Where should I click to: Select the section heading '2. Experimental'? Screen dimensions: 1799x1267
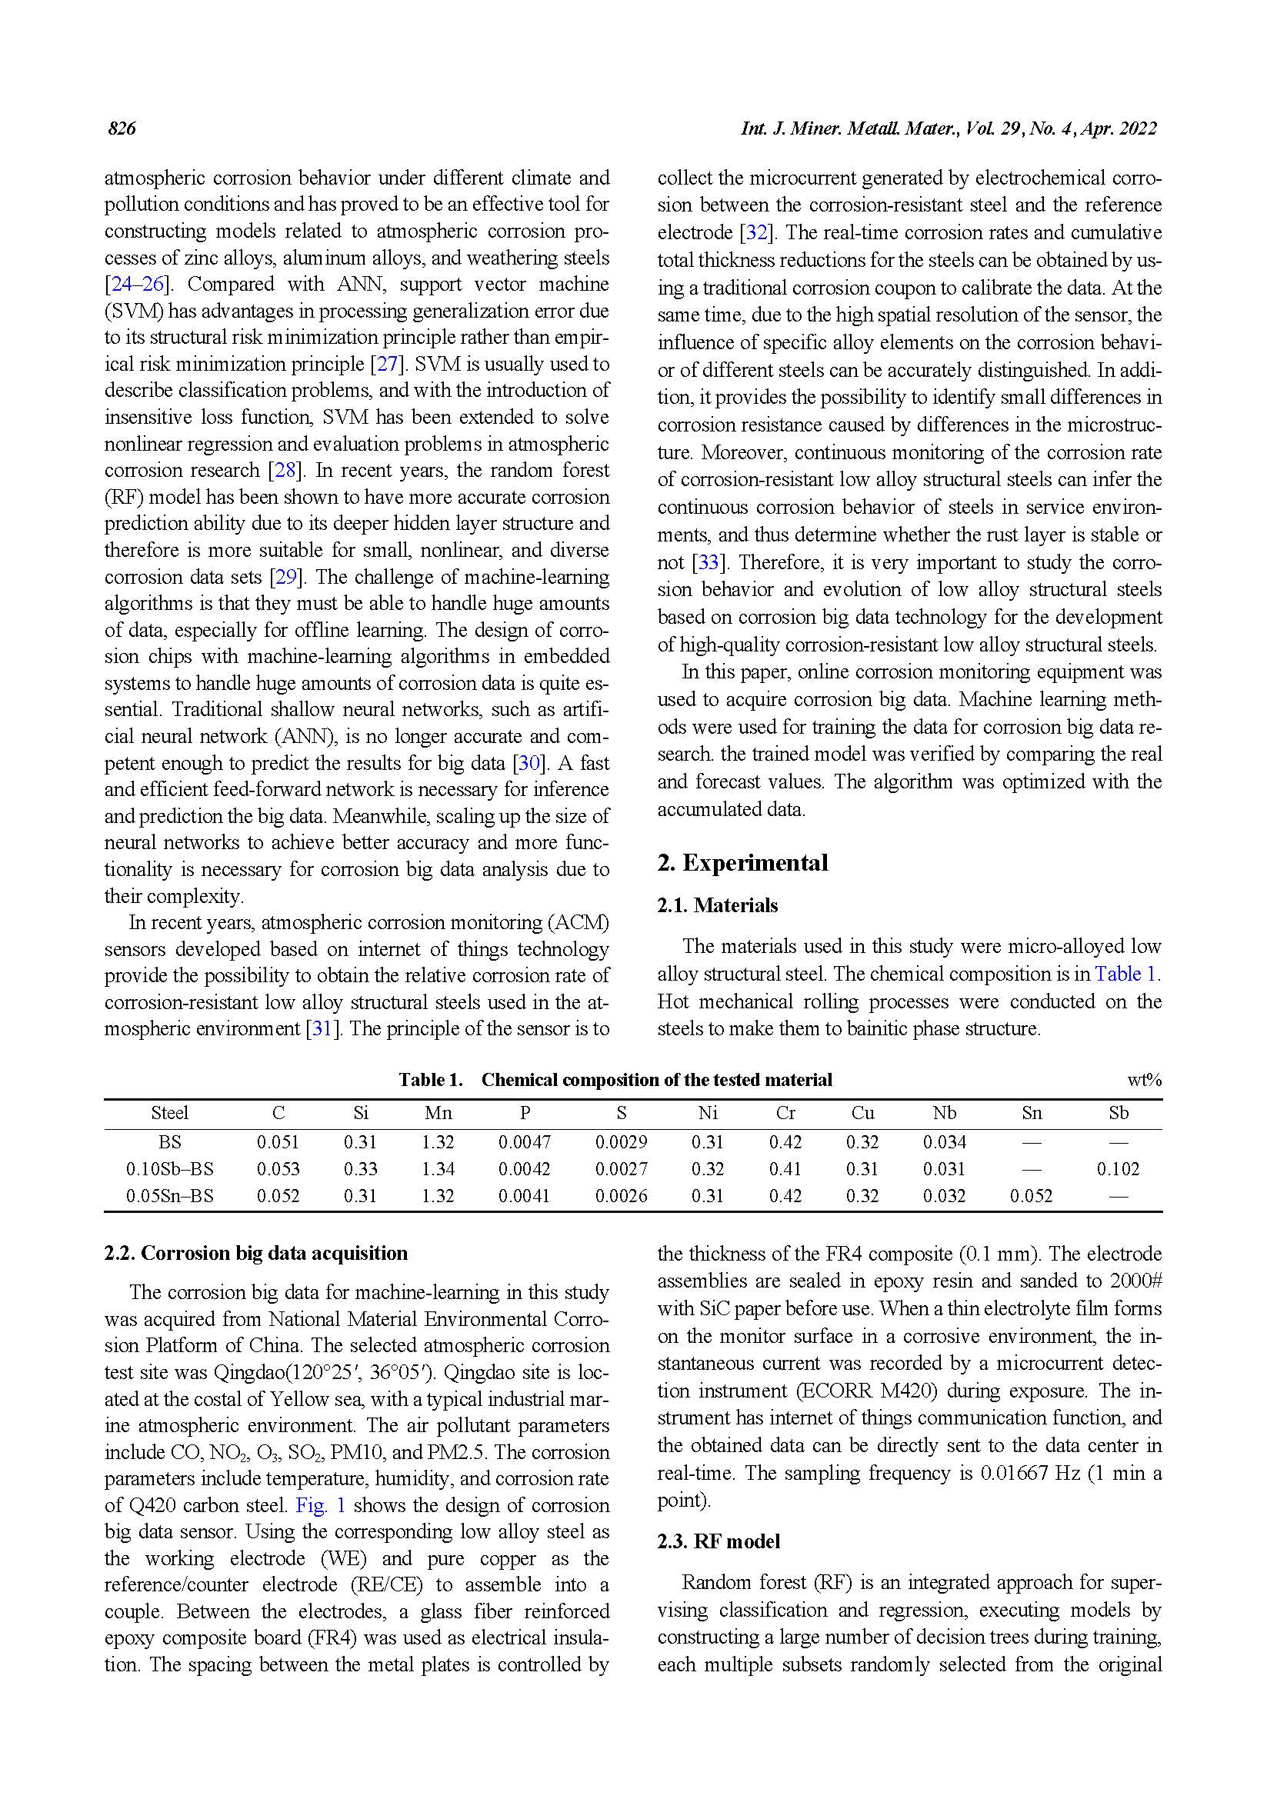coord(742,863)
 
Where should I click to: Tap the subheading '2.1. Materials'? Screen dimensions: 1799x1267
coord(717,906)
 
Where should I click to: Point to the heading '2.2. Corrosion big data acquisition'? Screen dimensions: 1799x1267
coord(255,1253)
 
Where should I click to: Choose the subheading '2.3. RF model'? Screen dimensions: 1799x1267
coord(719,1542)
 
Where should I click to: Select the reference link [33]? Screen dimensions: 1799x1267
coord(708,562)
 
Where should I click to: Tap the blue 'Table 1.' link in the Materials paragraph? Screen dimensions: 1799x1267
coord(1128,974)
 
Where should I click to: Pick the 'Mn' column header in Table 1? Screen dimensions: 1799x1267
coord(437,1114)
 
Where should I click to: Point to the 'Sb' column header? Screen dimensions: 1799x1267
coord(1118,1114)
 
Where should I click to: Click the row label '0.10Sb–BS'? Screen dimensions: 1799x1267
coord(169,1169)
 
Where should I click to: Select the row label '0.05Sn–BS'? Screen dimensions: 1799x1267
coord(169,1196)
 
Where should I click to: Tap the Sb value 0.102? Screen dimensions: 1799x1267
coord(1117,1169)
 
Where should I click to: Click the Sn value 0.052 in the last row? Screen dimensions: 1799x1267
coord(1030,1196)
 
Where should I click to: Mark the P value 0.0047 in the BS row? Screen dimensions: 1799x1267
coord(524,1142)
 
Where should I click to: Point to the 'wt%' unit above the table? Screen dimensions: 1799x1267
coord(1144,1081)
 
